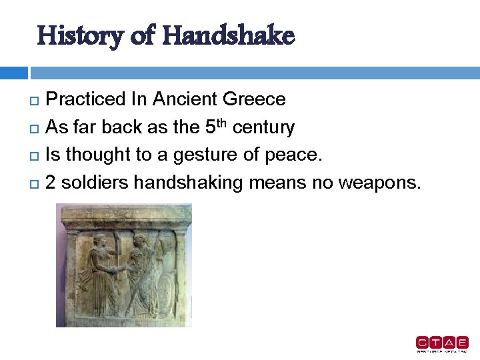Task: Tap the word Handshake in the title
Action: [227, 35]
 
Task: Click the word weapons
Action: [379, 183]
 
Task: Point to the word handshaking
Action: [193, 183]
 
